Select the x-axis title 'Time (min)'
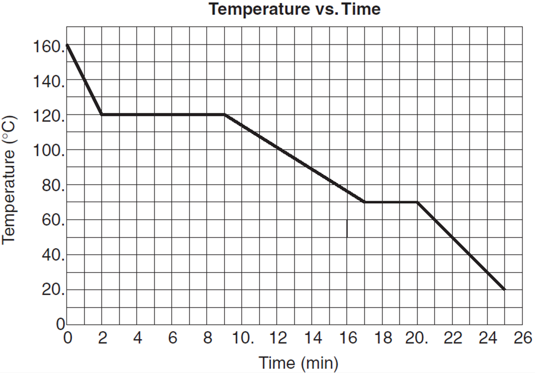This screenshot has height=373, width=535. pyautogui.click(x=298, y=363)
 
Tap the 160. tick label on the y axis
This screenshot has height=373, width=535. pyautogui.click(x=49, y=46)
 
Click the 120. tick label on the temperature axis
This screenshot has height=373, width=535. pyautogui.click(x=49, y=116)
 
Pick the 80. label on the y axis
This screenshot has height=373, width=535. pyautogui.click(x=53, y=186)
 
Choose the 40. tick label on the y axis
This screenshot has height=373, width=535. pyautogui.click(x=53, y=255)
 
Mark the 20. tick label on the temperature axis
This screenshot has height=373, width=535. pyautogui.click(x=53, y=290)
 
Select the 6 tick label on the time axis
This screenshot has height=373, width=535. pyautogui.click(x=172, y=338)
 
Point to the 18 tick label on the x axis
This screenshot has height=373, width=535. pyautogui.click(x=383, y=338)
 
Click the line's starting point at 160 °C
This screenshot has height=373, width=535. pyautogui.click(x=67, y=45)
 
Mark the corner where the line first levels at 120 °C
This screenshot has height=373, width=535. pyautogui.click(x=102, y=115)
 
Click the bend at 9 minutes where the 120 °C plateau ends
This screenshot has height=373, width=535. pyautogui.click(x=224, y=115)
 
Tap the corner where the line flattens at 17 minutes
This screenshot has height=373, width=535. pyautogui.click(x=365, y=202)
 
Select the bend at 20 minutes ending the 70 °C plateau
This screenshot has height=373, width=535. pyautogui.click(x=417, y=202)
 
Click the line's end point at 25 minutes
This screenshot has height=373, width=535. pyautogui.click(x=505, y=289)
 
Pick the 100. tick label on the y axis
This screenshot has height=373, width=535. pyautogui.click(x=49, y=151)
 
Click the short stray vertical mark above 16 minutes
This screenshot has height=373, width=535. pyautogui.click(x=347, y=228)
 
